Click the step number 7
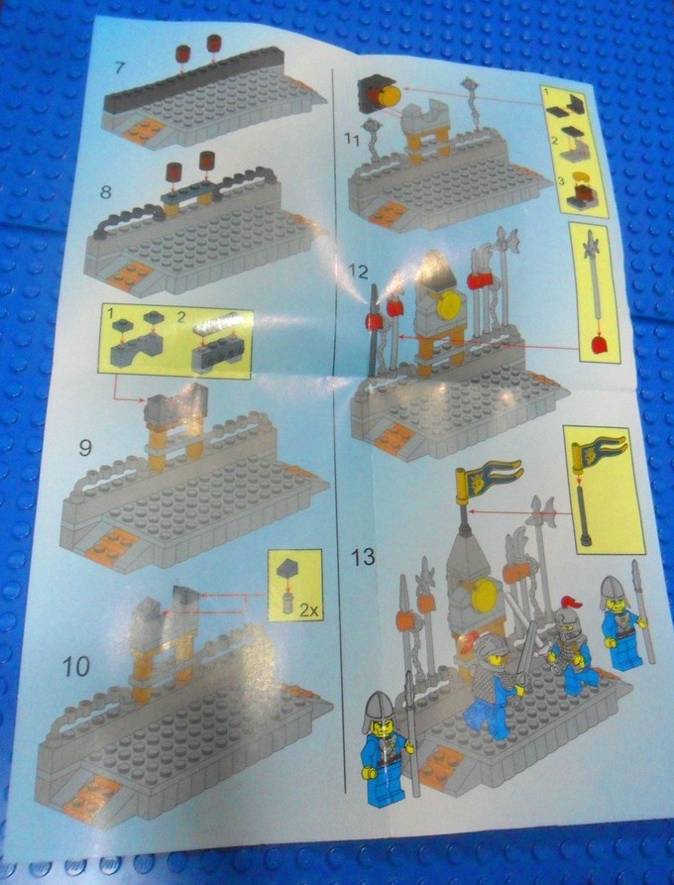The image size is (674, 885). tap(119, 68)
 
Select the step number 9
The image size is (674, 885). tap(86, 447)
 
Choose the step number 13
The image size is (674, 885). tap(364, 556)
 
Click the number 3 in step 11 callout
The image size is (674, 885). tap(559, 179)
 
